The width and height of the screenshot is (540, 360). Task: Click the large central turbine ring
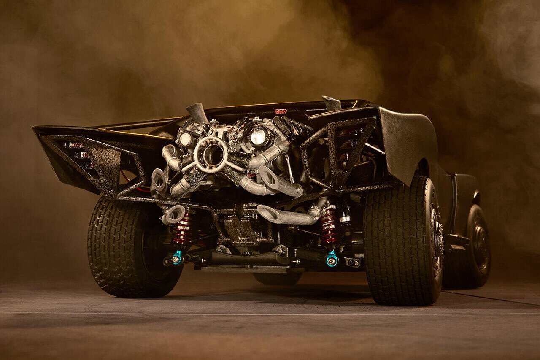pos(211,154)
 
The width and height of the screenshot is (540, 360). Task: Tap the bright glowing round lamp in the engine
pos(258,137)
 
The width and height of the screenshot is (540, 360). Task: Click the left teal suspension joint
pos(177,257)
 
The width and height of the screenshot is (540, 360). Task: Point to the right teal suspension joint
pos(332,258)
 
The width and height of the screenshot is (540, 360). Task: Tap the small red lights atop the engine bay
pos(281,111)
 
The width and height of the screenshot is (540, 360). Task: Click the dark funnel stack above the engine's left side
pos(197,112)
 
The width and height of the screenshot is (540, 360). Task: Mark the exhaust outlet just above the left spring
pos(173,214)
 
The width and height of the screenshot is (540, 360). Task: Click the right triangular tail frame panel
pos(340,152)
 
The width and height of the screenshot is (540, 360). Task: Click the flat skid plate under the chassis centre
pos(245,268)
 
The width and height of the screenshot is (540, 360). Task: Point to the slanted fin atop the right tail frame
pos(331,103)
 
